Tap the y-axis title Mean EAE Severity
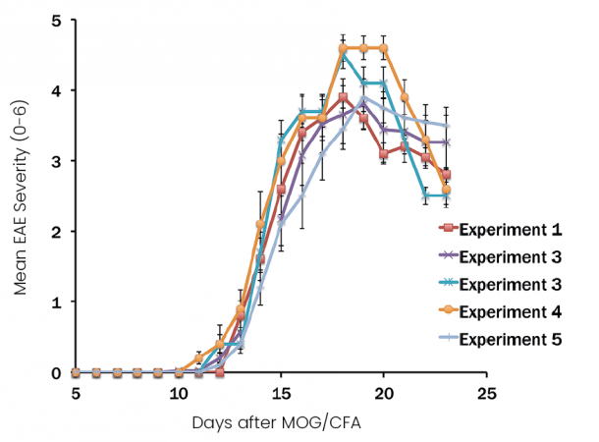click(19, 196)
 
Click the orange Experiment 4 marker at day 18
click(343, 48)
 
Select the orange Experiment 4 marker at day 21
click(405, 97)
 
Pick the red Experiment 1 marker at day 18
click(343, 97)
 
